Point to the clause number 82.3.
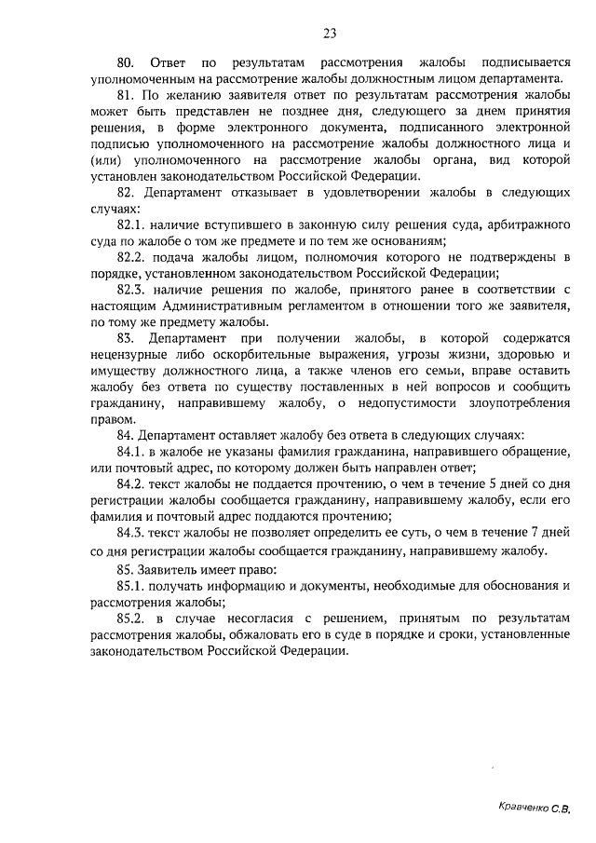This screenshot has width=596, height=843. click(131, 290)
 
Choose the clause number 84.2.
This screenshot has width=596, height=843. click(131, 484)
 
